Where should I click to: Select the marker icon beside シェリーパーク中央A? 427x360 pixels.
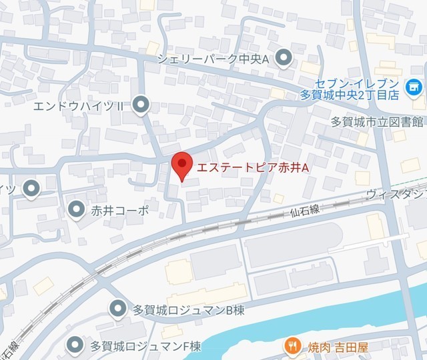pyautogui.click(x=284, y=59)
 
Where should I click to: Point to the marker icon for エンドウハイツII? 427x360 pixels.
pyautogui.click(x=141, y=104)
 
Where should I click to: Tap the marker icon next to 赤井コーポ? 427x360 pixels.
pyautogui.click(x=77, y=209)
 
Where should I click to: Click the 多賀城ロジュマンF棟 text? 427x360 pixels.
pyautogui.click(x=145, y=346)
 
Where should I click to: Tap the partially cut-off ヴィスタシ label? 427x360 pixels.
pyautogui.click(x=396, y=194)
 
